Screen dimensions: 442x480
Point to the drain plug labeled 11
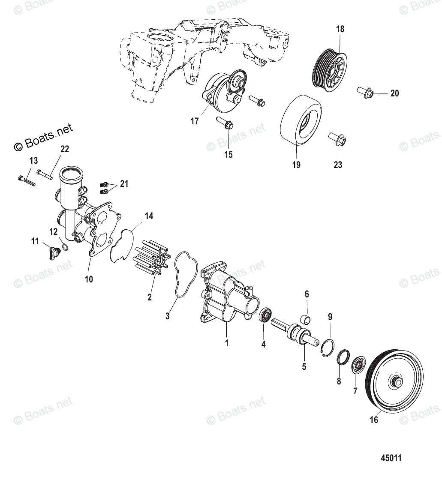click(x=53, y=253)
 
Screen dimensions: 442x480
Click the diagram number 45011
click(x=391, y=458)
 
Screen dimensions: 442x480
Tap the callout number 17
click(x=195, y=121)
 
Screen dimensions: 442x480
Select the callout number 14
click(x=148, y=216)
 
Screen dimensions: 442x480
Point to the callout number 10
click(x=89, y=279)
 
